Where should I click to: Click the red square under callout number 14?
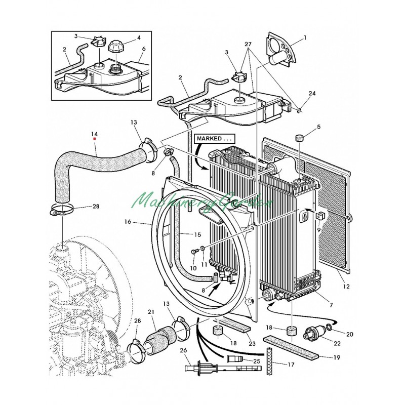(95, 139)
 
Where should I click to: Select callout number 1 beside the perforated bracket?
(305, 38)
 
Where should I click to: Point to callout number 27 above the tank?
(248, 44)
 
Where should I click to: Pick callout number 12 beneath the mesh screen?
(346, 286)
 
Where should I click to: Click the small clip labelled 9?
(320, 214)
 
